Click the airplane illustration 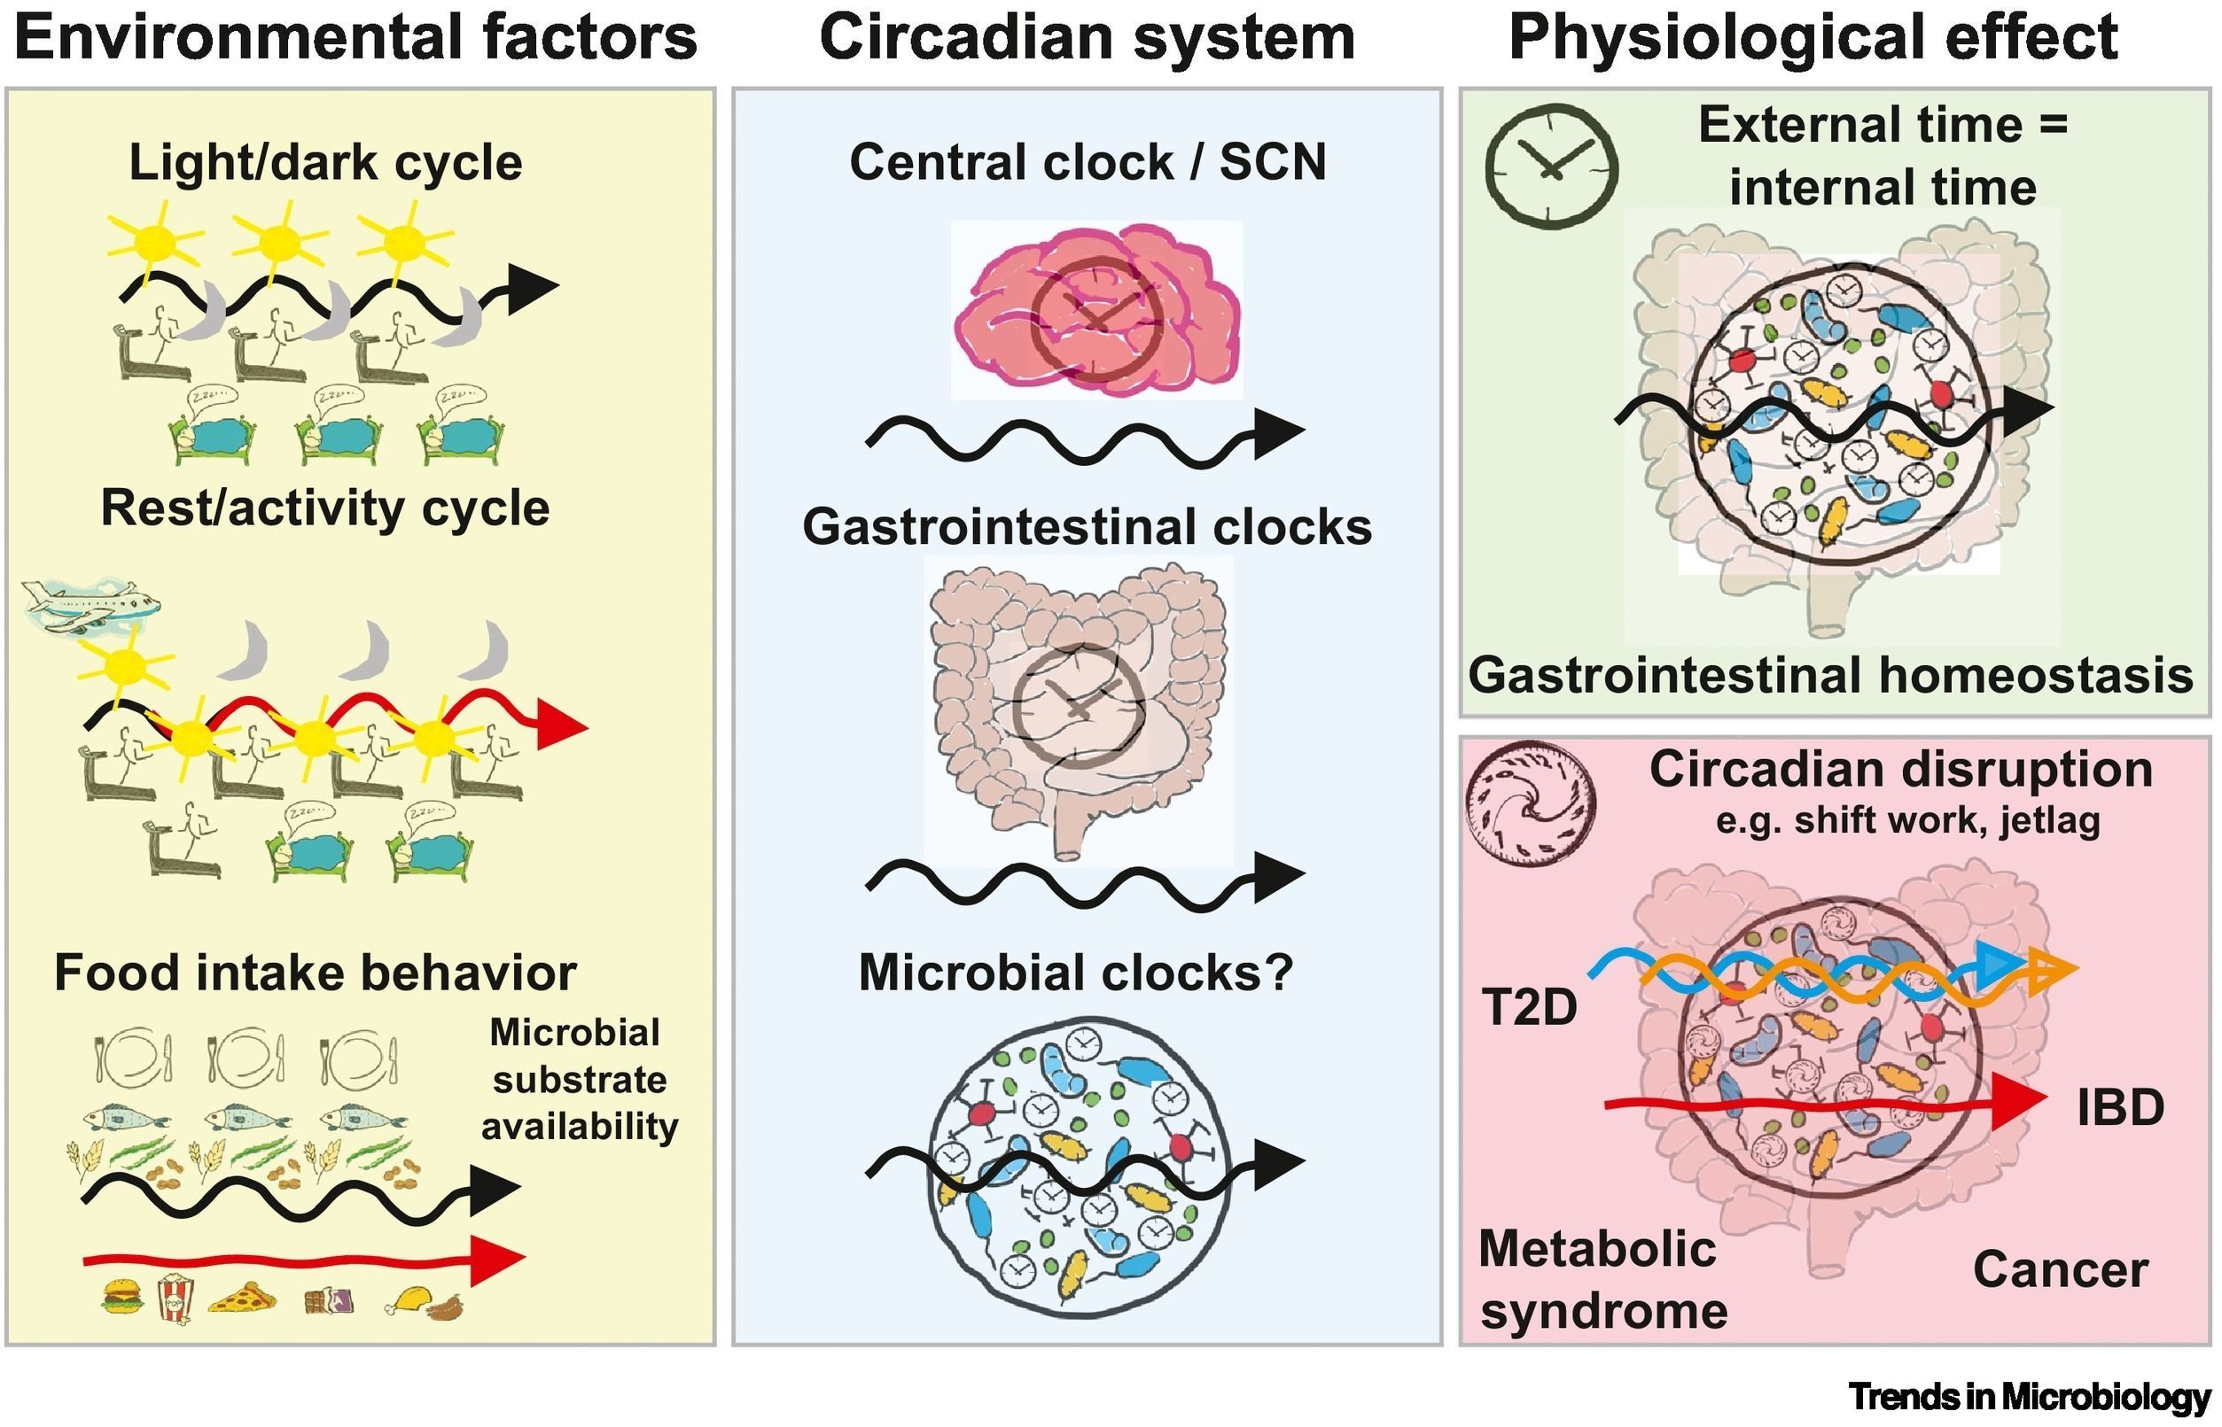click(x=90, y=607)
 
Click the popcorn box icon click(x=175, y=1299)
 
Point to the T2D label click(x=1529, y=1007)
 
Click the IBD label click(x=2119, y=1107)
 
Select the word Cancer click(x=2060, y=1269)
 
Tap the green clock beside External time click(x=1551, y=167)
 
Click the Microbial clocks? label click(x=1075, y=973)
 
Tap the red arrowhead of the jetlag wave click(x=562, y=725)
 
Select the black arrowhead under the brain click(x=1279, y=433)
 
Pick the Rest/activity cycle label click(x=324, y=508)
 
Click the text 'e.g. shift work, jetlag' click(x=1907, y=821)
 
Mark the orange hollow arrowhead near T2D click(x=2053, y=970)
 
